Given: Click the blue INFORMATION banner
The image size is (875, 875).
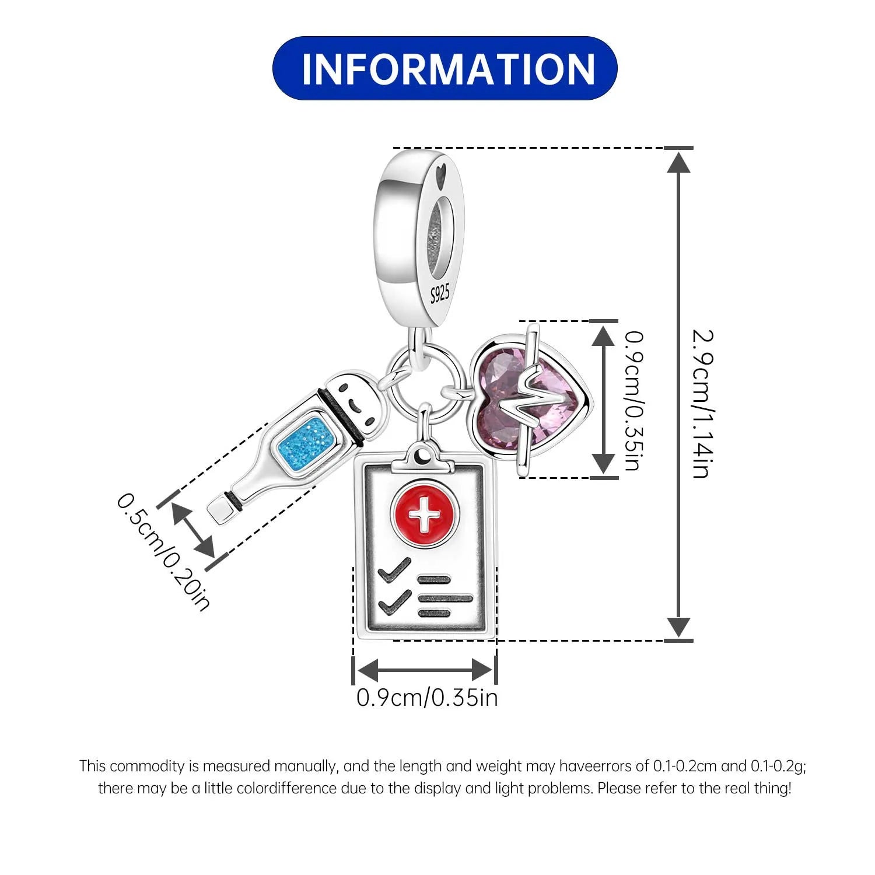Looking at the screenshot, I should (444, 68).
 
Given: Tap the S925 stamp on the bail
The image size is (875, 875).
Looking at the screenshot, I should (440, 294).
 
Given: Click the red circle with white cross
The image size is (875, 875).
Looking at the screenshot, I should (425, 514).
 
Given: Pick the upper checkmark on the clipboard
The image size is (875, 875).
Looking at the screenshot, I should (395, 569).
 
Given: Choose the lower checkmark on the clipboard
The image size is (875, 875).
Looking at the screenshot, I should (395, 602).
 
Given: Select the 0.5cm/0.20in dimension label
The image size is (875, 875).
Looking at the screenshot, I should (163, 551).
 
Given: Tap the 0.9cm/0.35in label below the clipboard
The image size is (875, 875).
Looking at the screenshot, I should (427, 698).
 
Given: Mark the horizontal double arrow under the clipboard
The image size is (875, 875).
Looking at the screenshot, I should (425, 669).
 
